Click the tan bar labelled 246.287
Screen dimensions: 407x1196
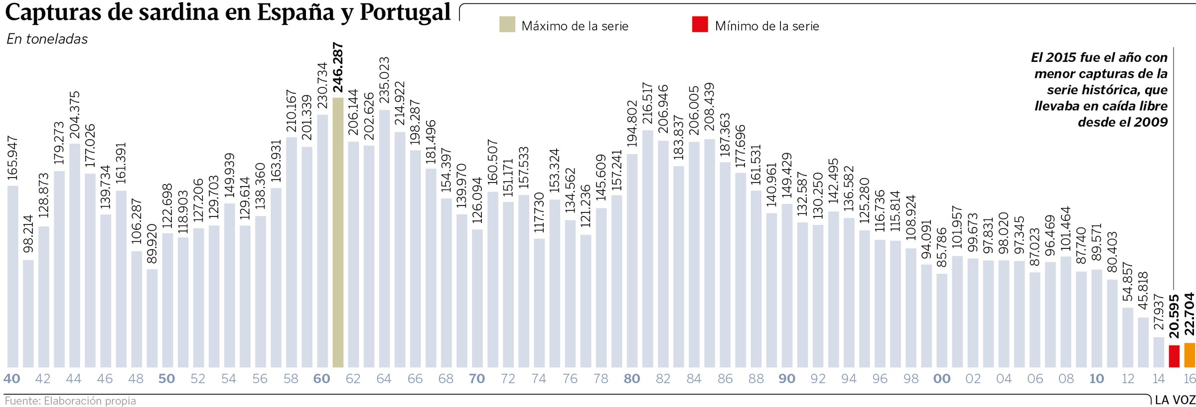(338, 232)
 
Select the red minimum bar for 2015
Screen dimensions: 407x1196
(1174, 356)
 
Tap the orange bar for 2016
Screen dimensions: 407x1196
(1190, 355)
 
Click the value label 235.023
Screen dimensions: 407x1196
(384, 80)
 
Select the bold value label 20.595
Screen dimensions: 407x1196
(1174, 317)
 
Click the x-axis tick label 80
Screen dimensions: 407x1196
(632, 379)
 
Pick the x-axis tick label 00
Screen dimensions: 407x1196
(942, 379)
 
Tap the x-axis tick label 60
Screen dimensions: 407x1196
(322, 379)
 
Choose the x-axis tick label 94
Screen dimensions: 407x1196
(849, 379)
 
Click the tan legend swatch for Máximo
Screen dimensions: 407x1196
(507, 24)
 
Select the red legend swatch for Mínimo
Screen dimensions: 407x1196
(700, 24)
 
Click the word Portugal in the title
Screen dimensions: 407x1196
(405, 12)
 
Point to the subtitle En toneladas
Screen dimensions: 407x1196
(47, 39)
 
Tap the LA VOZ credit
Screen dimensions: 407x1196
(1175, 400)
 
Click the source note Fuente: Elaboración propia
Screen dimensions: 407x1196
(70, 401)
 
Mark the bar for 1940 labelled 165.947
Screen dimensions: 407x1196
(13, 276)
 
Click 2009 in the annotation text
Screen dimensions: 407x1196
(1151, 122)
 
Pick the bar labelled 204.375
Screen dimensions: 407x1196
(75, 255)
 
